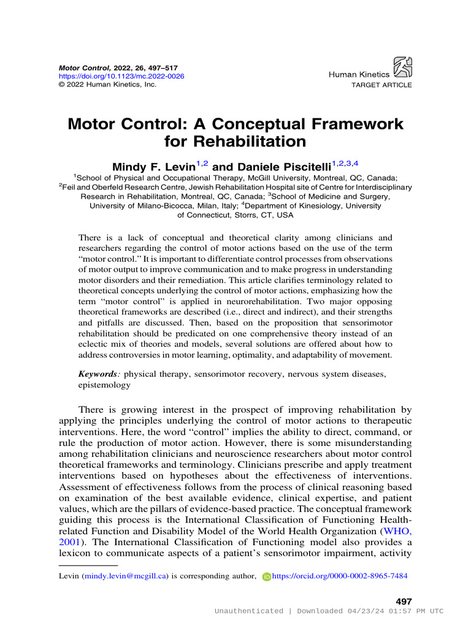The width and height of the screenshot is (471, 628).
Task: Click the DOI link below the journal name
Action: click(x=121, y=76)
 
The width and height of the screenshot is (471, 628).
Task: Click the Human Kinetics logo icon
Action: click(x=402, y=67)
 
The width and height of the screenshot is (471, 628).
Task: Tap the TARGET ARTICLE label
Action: click(x=381, y=85)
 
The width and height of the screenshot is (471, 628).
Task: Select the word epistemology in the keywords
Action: click(x=104, y=385)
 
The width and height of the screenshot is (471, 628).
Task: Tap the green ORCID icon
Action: click(x=266, y=576)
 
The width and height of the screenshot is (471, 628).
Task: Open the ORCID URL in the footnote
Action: click(x=339, y=576)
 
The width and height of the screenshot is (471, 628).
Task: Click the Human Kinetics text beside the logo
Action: click(x=359, y=74)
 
